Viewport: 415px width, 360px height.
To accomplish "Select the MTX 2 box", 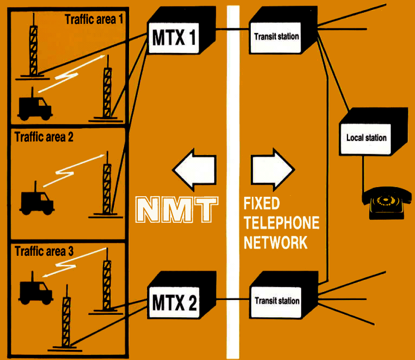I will coord(174,303).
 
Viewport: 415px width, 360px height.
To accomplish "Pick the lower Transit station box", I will coord(277,301).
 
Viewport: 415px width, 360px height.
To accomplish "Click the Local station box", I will coord(366,137).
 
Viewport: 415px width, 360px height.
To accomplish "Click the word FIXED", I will coord(262,204).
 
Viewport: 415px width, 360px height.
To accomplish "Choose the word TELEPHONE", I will coord(281,223).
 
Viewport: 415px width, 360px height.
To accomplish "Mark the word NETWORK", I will coord(276,242).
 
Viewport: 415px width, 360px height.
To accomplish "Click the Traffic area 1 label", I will coord(94,20).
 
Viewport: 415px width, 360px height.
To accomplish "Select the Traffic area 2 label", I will coord(44,137).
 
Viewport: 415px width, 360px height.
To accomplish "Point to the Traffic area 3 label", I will coord(44,251).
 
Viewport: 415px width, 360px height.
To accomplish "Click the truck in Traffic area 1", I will coord(35,105).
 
